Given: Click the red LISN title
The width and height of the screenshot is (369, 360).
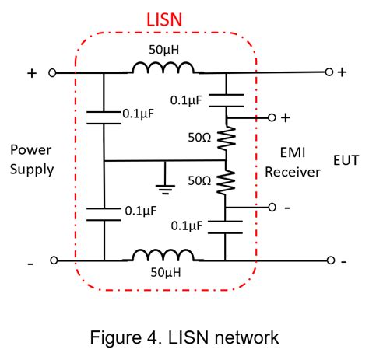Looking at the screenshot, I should (x=165, y=19).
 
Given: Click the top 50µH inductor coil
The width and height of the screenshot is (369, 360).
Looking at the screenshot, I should (x=163, y=71).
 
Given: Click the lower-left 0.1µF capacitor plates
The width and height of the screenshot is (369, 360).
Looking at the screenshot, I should (x=103, y=214).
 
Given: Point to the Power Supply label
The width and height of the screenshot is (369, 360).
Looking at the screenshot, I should (x=32, y=159).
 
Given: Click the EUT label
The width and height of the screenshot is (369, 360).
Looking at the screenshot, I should (x=346, y=162).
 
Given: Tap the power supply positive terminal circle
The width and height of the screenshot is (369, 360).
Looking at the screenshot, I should (x=52, y=73).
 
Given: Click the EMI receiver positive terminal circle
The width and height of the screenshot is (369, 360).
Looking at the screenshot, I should (x=271, y=117).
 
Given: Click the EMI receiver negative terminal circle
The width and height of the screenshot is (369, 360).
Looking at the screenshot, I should (x=271, y=208).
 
